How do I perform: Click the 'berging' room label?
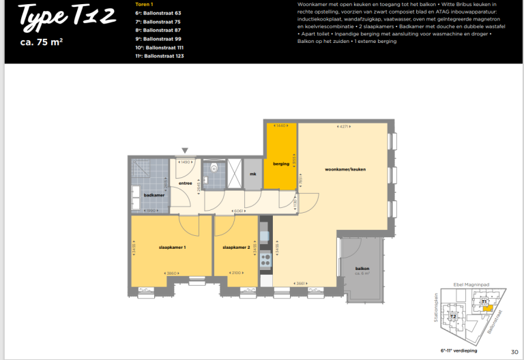[281, 164]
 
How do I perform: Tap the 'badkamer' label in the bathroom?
[154, 195]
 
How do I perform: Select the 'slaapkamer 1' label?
[172, 247]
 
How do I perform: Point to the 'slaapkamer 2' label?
[236, 247]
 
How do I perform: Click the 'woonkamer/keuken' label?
[345, 168]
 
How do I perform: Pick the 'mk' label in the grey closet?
[252, 174]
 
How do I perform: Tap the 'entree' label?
[185, 183]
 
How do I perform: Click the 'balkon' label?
[362, 269]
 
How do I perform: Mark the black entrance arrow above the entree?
[184, 150]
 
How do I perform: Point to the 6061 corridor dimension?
[238, 211]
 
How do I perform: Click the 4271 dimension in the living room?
[345, 126]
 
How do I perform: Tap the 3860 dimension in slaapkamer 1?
[171, 273]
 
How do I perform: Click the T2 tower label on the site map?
[452, 317]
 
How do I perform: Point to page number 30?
[514, 351]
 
